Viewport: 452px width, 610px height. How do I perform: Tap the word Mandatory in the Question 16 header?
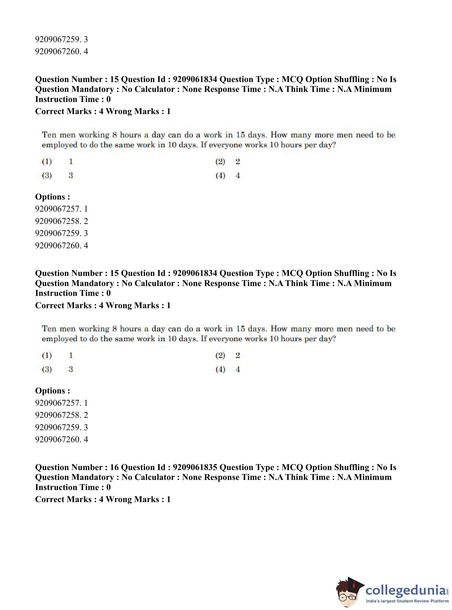tap(93, 477)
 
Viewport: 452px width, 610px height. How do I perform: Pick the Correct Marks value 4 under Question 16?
tap(101, 499)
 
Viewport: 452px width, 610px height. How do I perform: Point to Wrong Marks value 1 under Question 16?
tap(169, 499)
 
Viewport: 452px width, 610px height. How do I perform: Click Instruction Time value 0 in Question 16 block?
tap(108, 487)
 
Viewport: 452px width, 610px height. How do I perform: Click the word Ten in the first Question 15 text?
tap(49, 135)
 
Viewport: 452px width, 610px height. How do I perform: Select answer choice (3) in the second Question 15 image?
tap(47, 369)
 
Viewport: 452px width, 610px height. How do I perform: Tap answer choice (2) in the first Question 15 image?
tap(221, 162)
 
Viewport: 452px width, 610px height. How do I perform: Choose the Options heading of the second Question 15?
tap(52, 391)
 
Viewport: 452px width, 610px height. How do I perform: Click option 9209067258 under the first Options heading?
tap(61, 221)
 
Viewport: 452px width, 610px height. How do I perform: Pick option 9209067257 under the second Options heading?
tap(61, 403)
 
